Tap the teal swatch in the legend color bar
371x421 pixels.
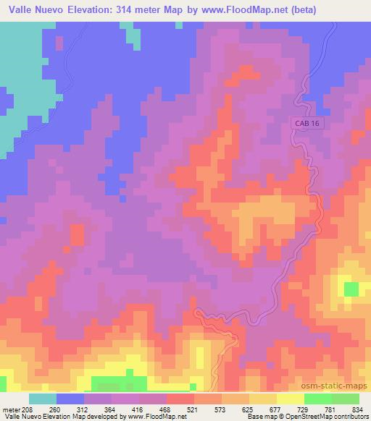(x=43, y=399)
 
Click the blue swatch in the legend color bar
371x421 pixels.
(x=71, y=399)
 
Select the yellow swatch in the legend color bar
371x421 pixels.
(x=291, y=399)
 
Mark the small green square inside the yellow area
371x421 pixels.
(x=351, y=289)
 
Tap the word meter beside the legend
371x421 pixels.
(x=11, y=409)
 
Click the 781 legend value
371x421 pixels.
(x=330, y=409)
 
